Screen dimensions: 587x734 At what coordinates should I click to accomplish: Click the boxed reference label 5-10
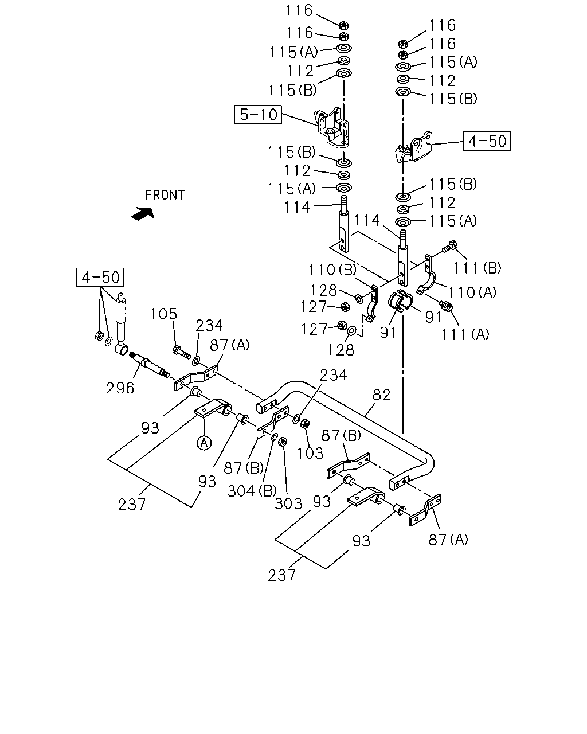(x=258, y=115)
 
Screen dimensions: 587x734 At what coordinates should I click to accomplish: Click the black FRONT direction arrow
(x=143, y=214)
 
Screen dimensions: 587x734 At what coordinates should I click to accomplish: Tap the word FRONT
(x=165, y=195)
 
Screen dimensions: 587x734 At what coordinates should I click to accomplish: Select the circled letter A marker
(x=204, y=443)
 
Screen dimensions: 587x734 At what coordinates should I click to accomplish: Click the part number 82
(x=381, y=395)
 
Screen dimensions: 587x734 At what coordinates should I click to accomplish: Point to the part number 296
(x=120, y=388)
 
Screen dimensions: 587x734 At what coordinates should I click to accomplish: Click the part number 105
(x=164, y=314)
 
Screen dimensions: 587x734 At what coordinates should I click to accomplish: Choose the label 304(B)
(x=252, y=491)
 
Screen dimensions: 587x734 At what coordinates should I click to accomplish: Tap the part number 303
(x=288, y=503)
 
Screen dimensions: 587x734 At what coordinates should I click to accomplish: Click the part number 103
(x=310, y=453)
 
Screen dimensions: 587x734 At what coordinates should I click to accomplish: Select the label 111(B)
(x=477, y=268)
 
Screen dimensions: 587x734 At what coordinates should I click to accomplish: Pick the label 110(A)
(x=472, y=292)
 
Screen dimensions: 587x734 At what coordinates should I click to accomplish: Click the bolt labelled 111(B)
(x=450, y=247)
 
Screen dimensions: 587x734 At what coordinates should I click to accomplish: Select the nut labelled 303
(x=282, y=442)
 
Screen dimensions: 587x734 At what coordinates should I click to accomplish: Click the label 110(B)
(x=332, y=270)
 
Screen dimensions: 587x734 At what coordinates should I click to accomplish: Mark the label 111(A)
(x=465, y=334)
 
